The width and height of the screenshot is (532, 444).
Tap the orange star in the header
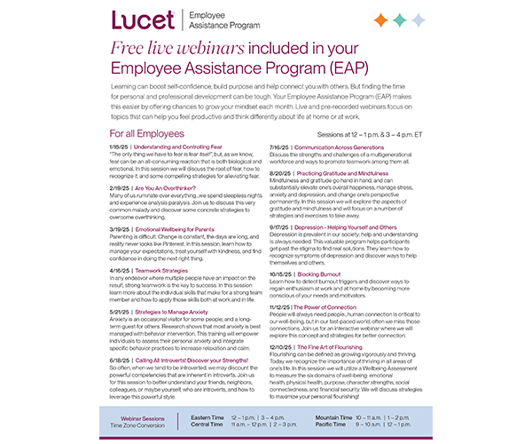tap(380, 20)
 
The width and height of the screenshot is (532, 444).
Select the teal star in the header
tap(399, 20)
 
